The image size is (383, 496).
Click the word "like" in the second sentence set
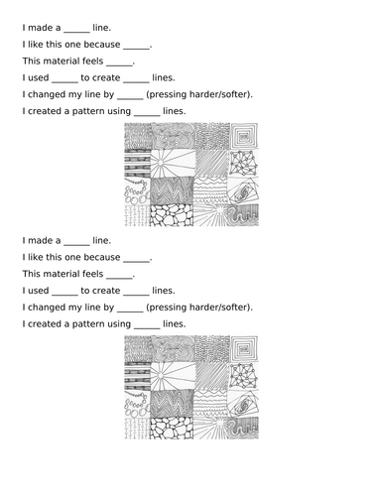pos(35,258)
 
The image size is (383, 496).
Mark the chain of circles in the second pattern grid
pos(136,407)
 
